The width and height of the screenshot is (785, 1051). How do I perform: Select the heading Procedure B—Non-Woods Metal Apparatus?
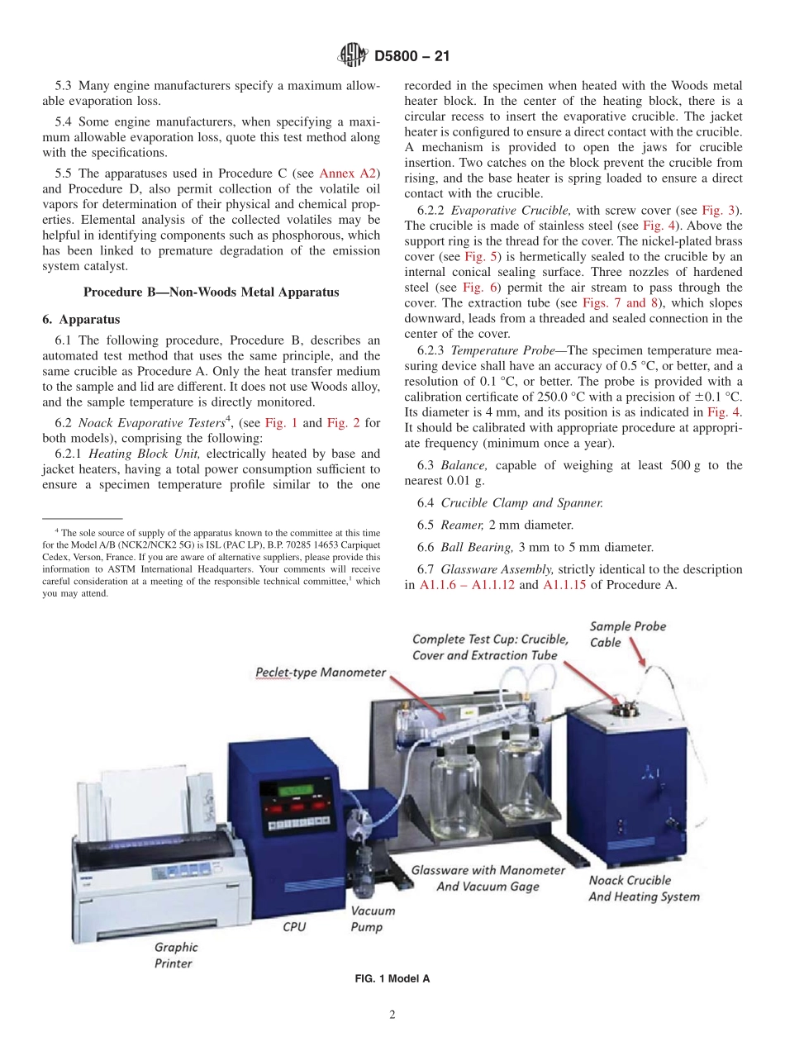tap(211, 291)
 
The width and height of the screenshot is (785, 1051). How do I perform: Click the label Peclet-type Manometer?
tap(320, 672)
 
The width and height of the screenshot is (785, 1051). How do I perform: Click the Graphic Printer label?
tap(174, 955)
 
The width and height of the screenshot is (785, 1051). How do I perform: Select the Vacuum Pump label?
tap(372, 919)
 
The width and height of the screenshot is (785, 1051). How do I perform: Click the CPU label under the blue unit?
tap(295, 926)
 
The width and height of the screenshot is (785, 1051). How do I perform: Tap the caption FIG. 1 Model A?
tap(392, 978)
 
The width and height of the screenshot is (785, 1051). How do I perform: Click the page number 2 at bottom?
tap(392, 1015)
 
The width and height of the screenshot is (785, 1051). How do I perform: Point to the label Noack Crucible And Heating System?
tap(643, 888)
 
